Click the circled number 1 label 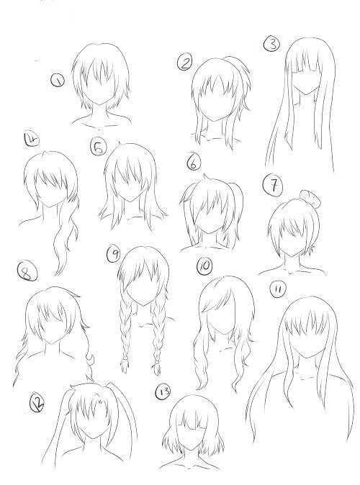point(58,81)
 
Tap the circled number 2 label point(185,62)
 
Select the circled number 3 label point(271,43)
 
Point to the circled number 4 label point(32,139)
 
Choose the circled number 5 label point(98,147)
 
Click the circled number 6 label point(194,163)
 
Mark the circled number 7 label point(273,186)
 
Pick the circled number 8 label point(27,271)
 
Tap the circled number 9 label point(114,253)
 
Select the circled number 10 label point(204,266)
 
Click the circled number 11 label point(279,289)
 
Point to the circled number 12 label point(37,403)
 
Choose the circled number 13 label point(163,392)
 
